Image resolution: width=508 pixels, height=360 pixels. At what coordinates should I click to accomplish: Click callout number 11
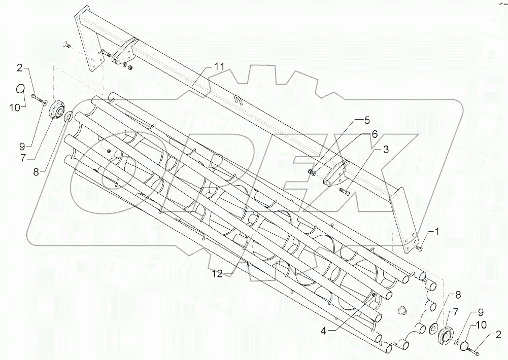click(x=219, y=67)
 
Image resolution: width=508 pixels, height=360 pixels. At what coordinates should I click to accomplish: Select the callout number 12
click(x=217, y=274)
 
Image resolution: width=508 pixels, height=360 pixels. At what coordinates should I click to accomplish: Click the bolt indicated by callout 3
click(x=344, y=191)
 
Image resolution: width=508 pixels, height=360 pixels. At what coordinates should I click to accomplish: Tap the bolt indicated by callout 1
click(x=420, y=247)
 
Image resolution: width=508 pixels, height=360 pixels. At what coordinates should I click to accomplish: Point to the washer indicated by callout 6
click(x=315, y=174)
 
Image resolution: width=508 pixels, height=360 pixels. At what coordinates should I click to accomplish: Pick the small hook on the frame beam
click(x=239, y=100)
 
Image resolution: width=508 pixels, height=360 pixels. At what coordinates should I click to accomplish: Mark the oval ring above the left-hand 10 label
click(x=20, y=88)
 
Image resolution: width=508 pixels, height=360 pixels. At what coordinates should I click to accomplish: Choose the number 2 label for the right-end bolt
click(x=499, y=335)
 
